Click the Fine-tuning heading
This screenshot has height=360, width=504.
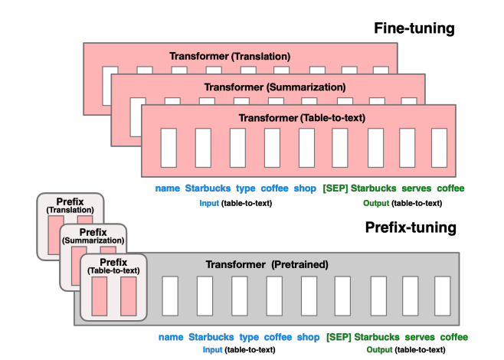coord(414,28)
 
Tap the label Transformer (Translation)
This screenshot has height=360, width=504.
coord(229,57)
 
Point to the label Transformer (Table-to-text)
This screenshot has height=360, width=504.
coord(302,118)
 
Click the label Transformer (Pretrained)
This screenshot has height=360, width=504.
coord(267,264)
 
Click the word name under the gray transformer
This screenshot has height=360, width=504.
coord(170,336)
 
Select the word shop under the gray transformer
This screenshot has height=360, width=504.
coord(308,336)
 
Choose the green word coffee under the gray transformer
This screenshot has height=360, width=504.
coord(453,336)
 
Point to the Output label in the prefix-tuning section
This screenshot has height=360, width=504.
coord(380,350)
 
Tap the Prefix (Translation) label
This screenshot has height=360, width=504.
coord(69,205)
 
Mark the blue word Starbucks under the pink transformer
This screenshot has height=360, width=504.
coord(208,188)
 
